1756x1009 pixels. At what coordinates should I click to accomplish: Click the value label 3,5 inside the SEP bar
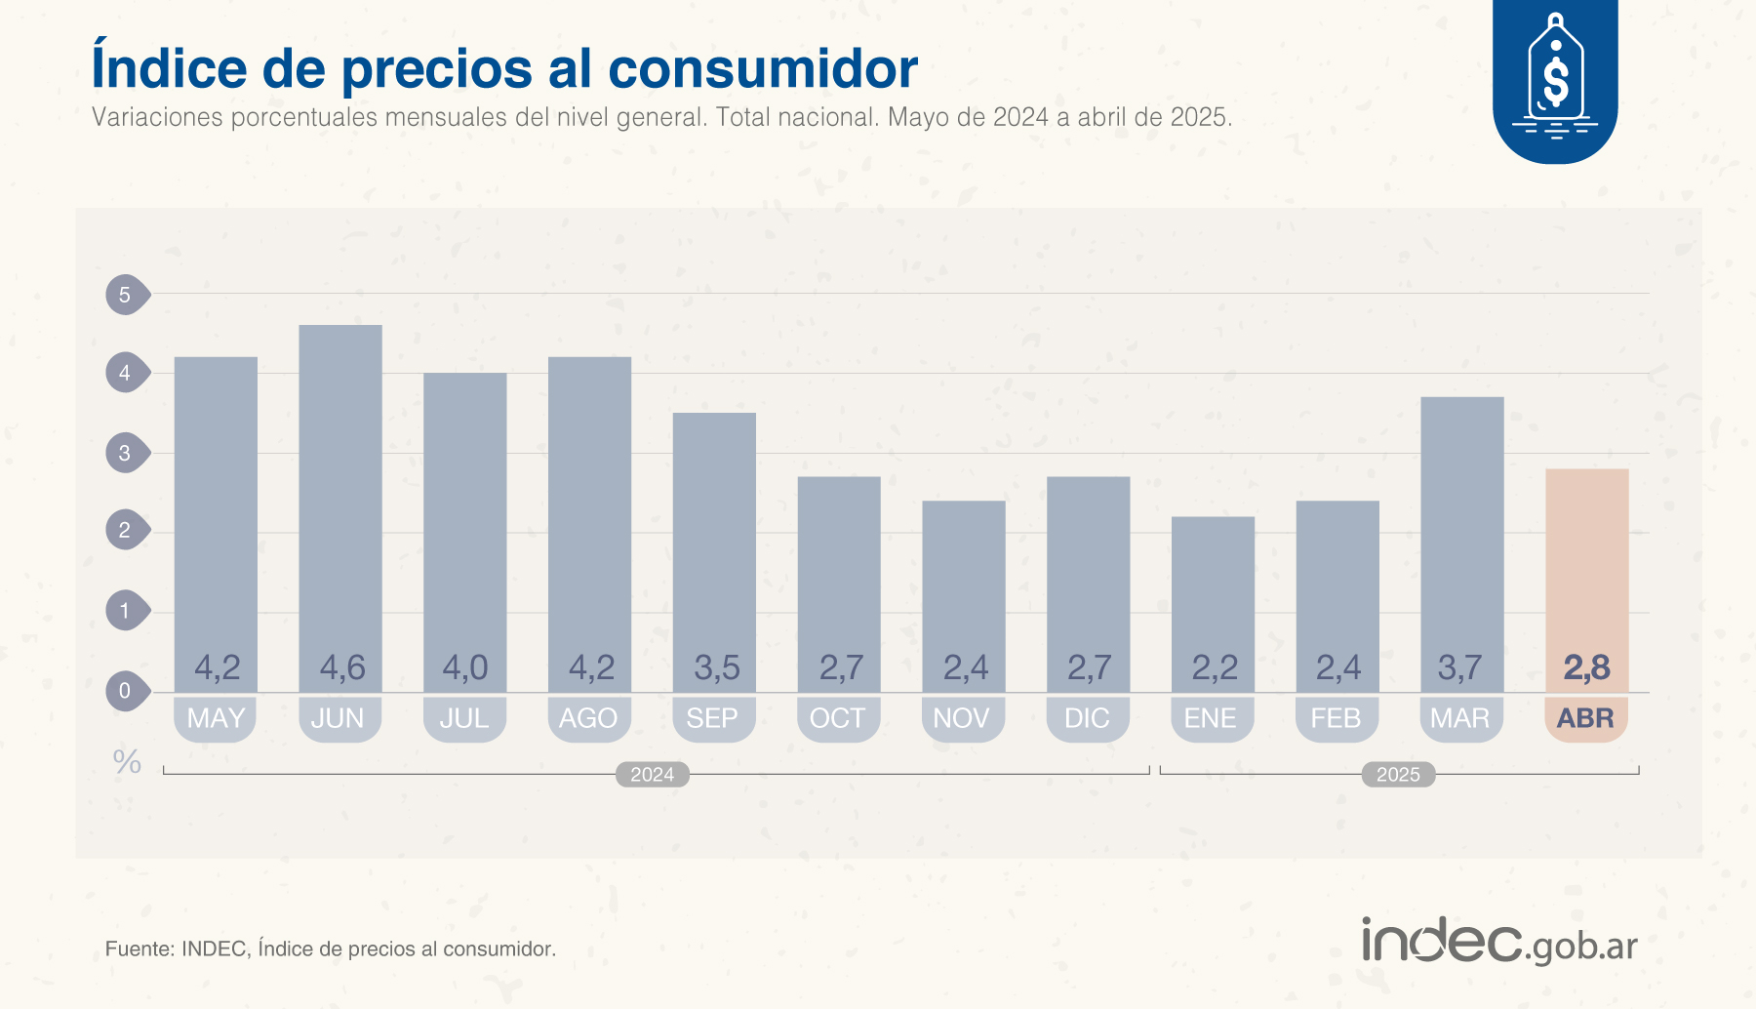(716, 668)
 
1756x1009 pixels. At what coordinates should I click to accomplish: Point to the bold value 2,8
(1586, 668)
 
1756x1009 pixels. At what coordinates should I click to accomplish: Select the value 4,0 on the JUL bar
(464, 668)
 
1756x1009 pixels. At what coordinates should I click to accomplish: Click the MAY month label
(216, 718)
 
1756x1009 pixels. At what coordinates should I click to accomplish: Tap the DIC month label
(1087, 718)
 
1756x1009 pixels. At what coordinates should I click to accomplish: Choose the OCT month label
(838, 718)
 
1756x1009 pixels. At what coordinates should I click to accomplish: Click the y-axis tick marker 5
(126, 295)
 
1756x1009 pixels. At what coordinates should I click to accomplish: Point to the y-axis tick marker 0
(126, 691)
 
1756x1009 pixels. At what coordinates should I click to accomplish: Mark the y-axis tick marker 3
(126, 453)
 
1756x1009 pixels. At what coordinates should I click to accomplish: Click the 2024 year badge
(652, 775)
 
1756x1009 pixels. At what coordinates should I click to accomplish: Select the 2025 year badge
(1398, 775)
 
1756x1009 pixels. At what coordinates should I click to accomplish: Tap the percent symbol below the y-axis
(127, 762)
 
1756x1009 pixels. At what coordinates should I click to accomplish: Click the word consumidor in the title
(762, 68)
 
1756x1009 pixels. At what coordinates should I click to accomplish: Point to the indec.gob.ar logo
(1499, 942)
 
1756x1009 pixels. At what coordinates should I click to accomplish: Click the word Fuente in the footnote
(138, 948)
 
